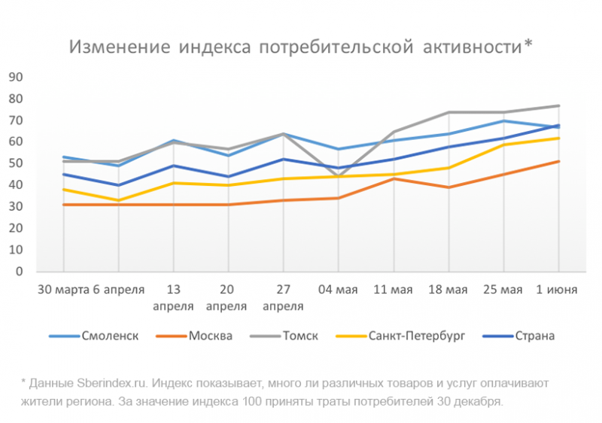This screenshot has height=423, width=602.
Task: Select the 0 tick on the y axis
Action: pos(20,272)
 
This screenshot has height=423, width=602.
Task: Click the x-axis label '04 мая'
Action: pos(338,290)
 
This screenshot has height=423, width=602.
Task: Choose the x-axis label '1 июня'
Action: pos(557,290)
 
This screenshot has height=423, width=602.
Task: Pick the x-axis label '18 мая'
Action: pos(448,290)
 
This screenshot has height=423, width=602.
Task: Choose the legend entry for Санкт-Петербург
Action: pos(417,336)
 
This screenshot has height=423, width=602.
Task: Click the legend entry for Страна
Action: pos(534,336)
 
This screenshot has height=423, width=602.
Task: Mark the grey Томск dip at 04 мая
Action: pos(338,176)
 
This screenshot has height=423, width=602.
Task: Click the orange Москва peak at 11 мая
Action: pos(393,178)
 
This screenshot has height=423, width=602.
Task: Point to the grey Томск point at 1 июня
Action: pos(558,105)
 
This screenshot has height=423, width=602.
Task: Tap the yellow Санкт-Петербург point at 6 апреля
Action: pos(118,200)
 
